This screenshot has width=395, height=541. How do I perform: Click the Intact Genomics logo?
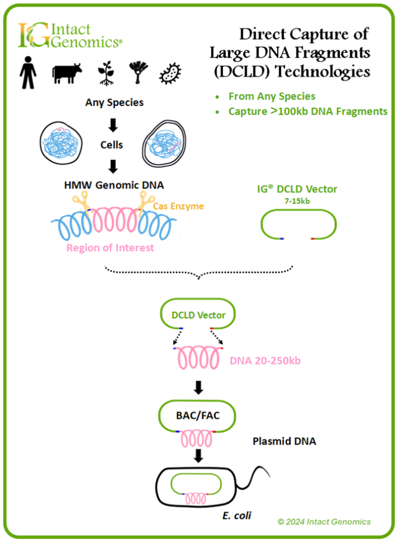(x=69, y=35)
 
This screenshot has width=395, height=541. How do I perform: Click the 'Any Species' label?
(x=114, y=103)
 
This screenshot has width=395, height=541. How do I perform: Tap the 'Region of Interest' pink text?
(x=110, y=248)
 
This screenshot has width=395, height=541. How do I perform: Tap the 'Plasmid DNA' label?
(x=284, y=441)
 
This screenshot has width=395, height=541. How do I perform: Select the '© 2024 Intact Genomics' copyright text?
(x=324, y=522)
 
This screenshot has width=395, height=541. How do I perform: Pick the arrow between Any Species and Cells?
(x=113, y=124)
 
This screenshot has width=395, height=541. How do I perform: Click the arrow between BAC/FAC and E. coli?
(x=198, y=455)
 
